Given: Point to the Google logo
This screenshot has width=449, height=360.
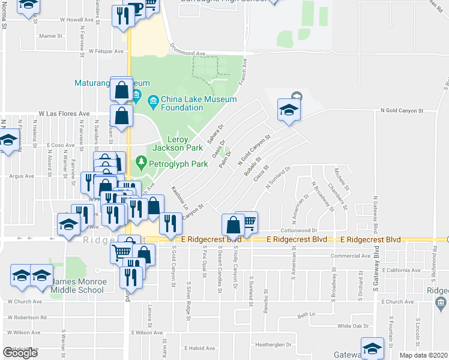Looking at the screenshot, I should pyautogui.click(x=20, y=353).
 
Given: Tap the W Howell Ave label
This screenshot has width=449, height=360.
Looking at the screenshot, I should pyautogui.click(x=77, y=20).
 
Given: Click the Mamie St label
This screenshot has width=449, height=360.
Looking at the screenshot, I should pyautogui.click(x=47, y=36).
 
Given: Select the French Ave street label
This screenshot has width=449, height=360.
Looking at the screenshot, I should pyautogui.click(x=244, y=71).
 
